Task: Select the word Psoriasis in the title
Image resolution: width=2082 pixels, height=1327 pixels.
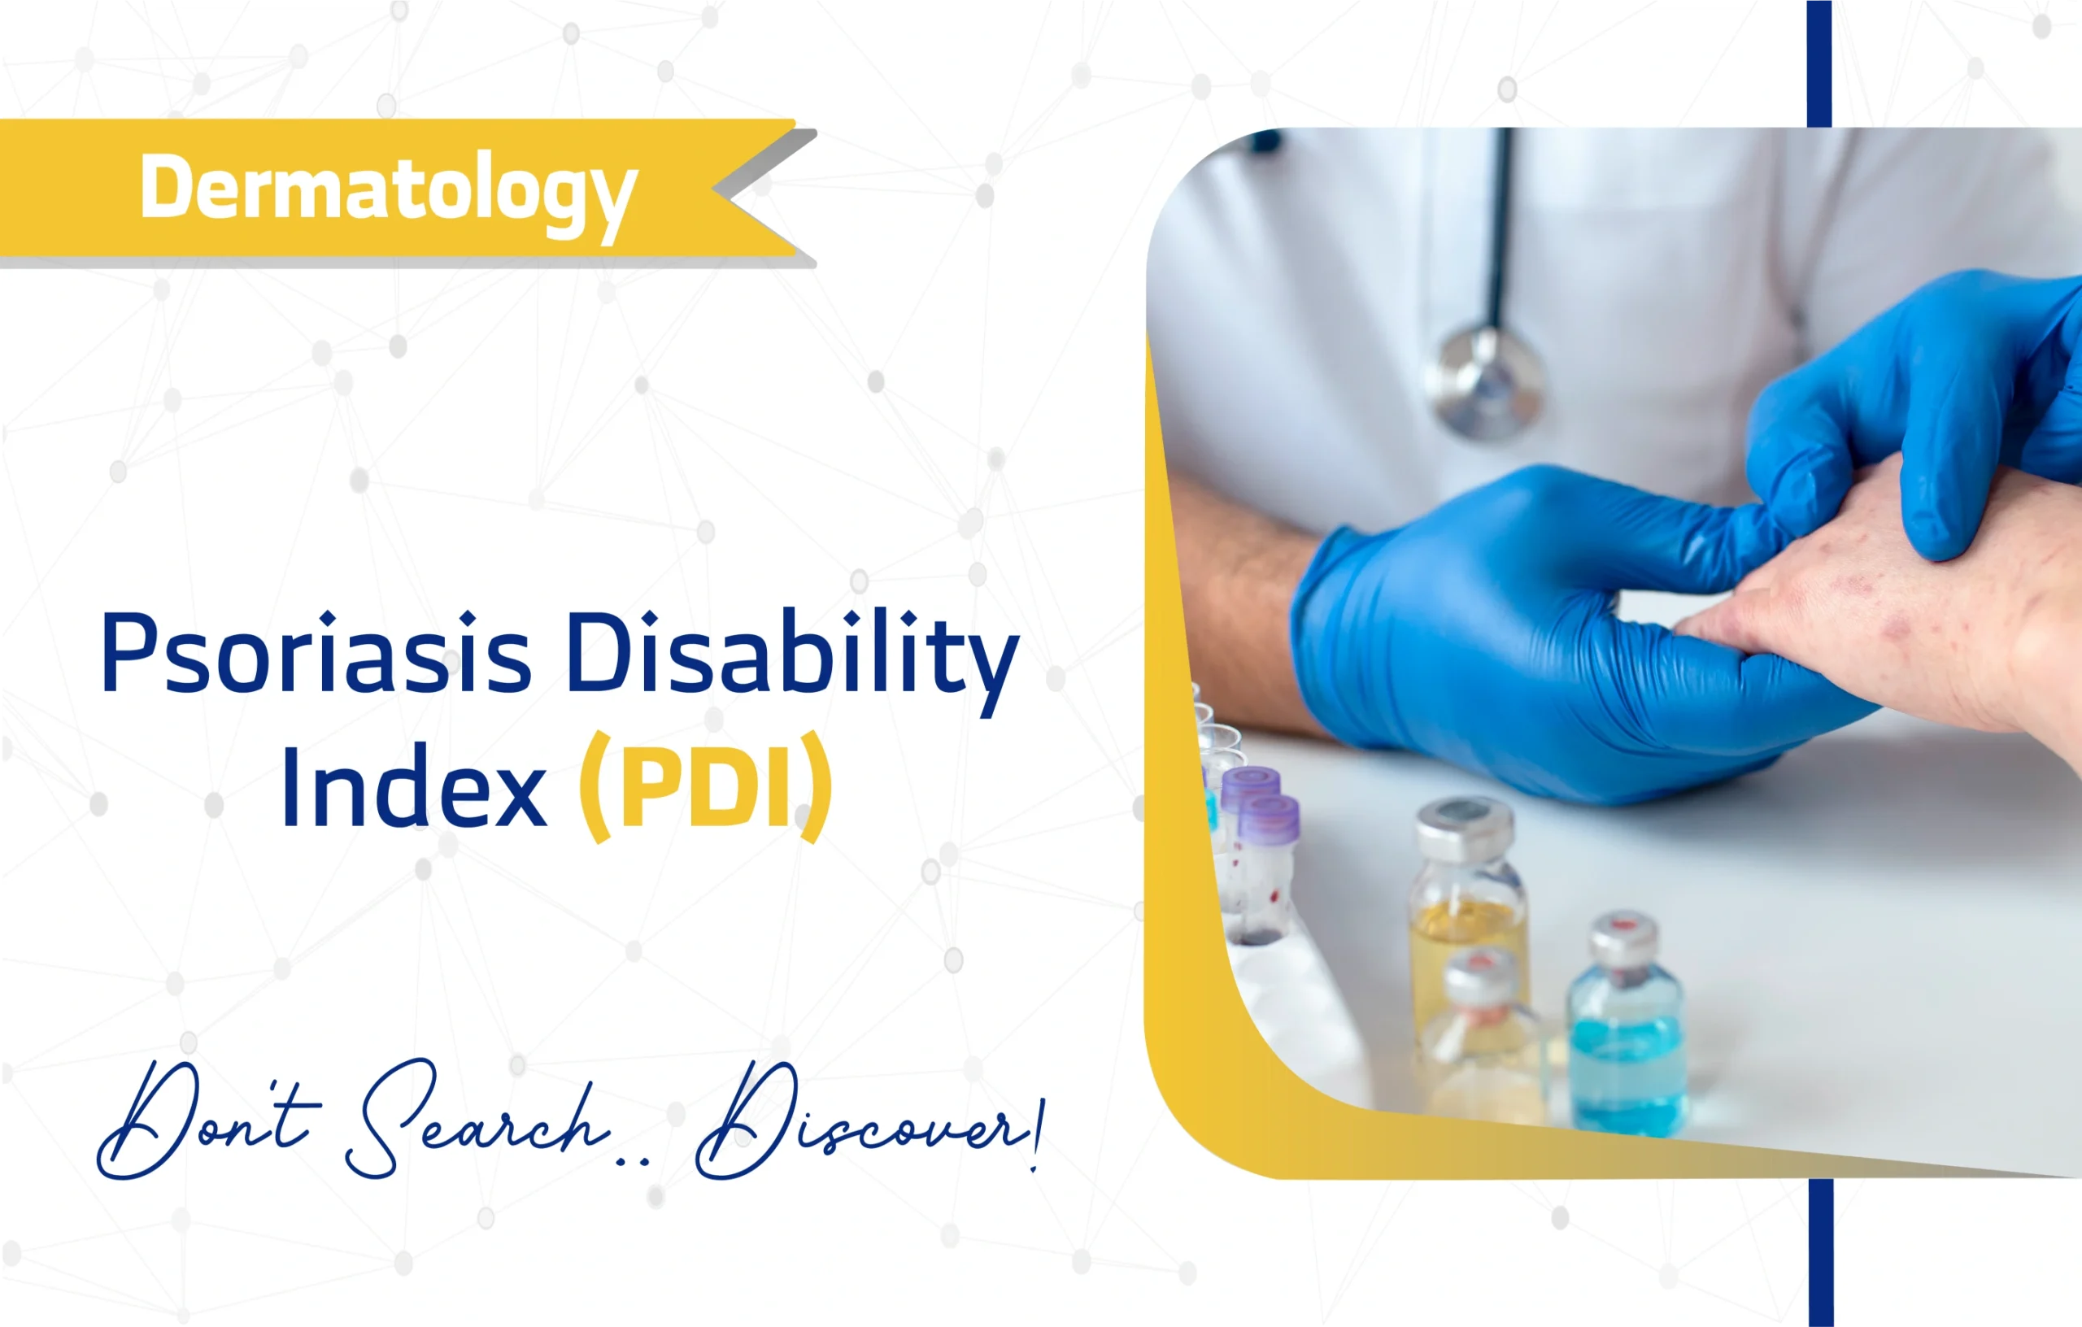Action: pyautogui.click(x=316, y=655)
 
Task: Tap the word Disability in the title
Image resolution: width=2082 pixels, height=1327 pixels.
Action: pyautogui.click(x=793, y=655)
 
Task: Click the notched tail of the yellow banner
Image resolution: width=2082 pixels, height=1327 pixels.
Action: pyautogui.click(x=761, y=190)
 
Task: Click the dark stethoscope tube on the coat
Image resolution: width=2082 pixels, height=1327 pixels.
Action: pyautogui.click(x=1503, y=224)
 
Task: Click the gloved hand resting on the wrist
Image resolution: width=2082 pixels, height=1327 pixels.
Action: pyautogui.click(x=1928, y=407)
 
